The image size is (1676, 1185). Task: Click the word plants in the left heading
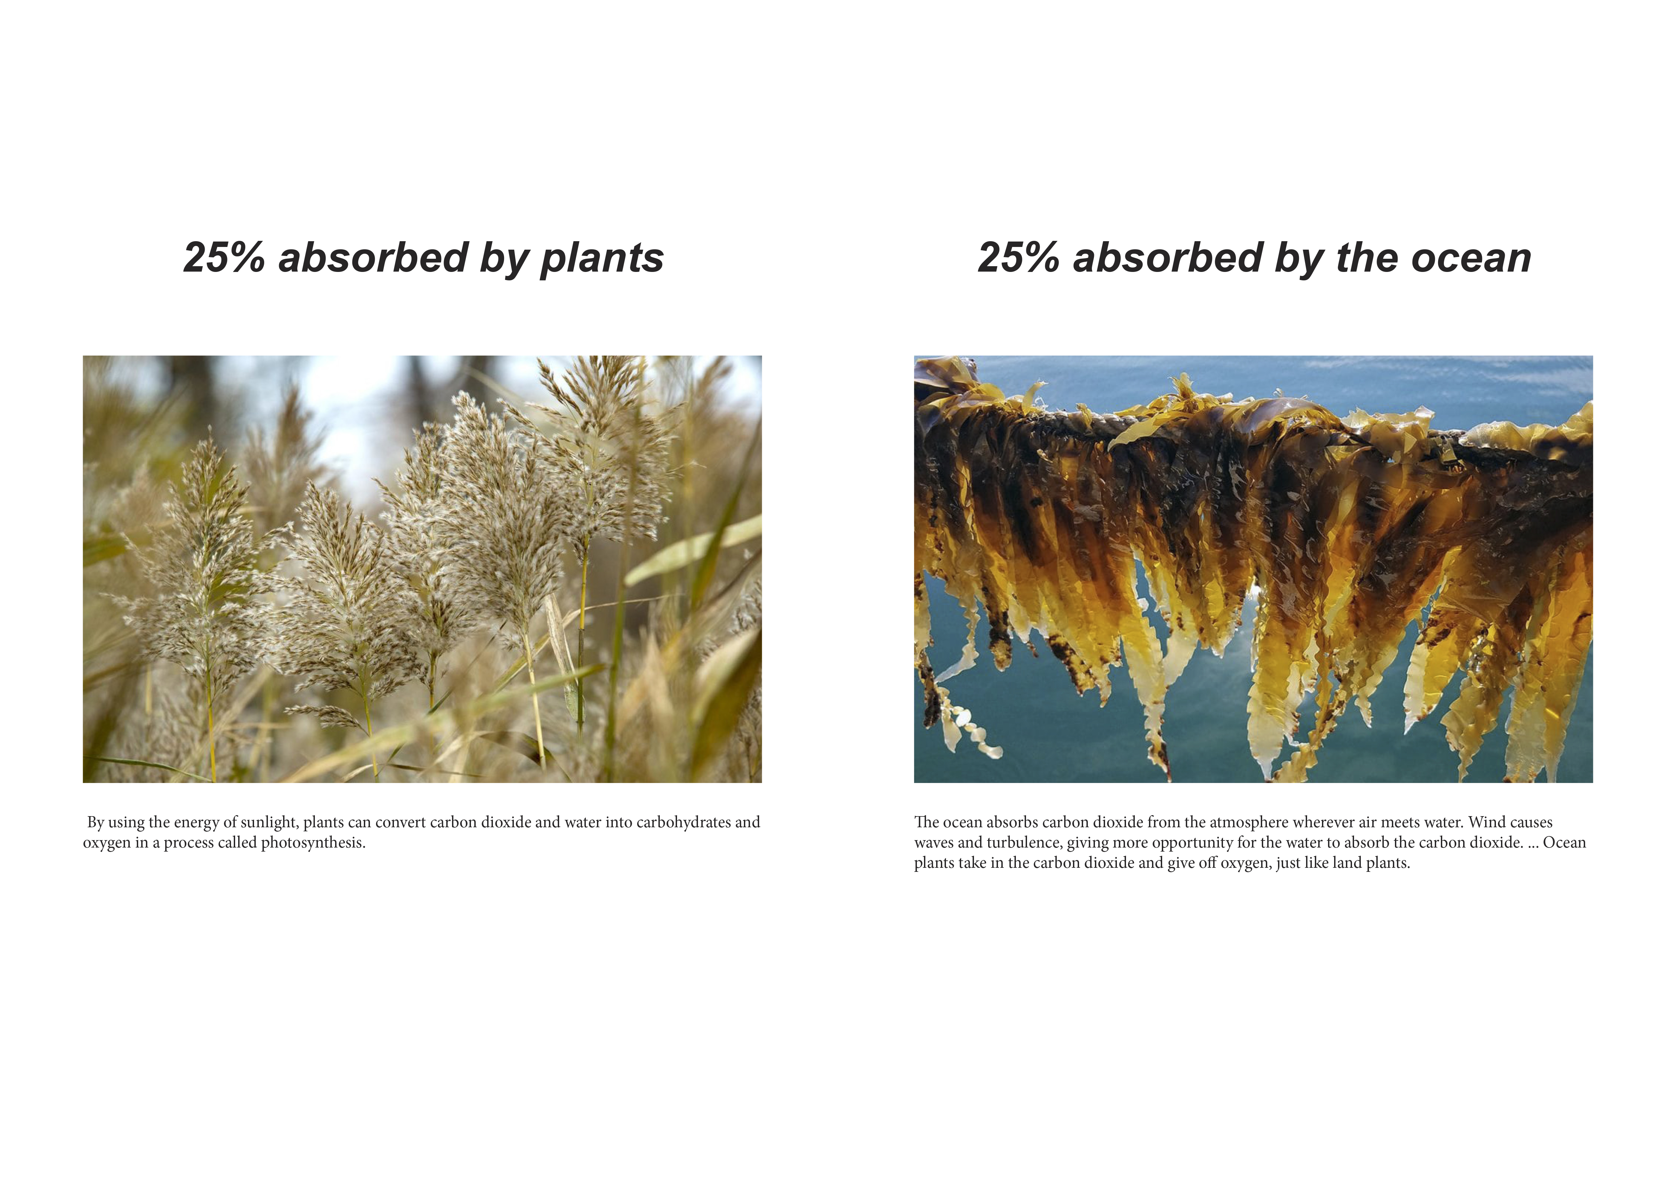(601, 259)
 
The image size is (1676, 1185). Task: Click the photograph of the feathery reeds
(422, 569)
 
